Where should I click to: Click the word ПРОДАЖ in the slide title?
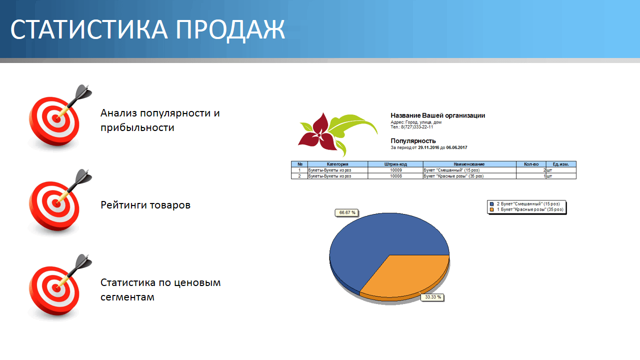[230, 29]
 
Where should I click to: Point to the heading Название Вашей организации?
[437, 115]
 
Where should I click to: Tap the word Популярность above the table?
[413, 141]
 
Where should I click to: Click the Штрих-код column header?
[395, 164]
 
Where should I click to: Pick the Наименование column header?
[469, 164]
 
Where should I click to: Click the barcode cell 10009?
[396, 170]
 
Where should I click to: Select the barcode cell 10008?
[396, 176]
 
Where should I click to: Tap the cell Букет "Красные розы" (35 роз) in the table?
[453, 176]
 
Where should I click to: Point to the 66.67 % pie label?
[347, 212]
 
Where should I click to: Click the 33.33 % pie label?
[432, 297]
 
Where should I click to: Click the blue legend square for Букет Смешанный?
[491, 204]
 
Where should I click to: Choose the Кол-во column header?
[531, 164]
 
